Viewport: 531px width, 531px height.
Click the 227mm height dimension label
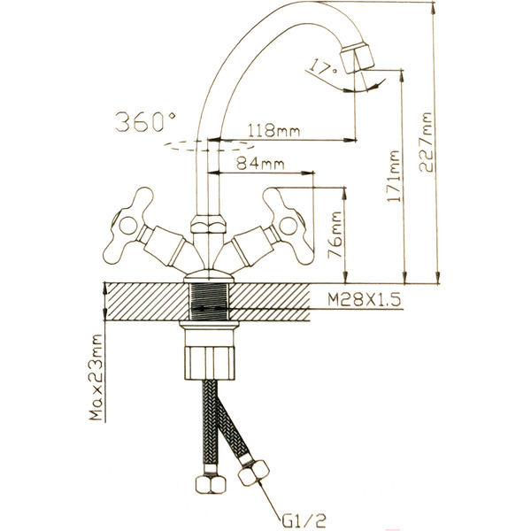(x=426, y=142)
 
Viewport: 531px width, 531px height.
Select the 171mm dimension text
(x=394, y=176)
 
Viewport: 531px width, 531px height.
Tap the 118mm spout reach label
(x=274, y=130)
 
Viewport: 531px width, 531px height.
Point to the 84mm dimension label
(x=260, y=164)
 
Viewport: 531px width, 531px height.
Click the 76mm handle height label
(x=335, y=235)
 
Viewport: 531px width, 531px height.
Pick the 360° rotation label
(x=146, y=122)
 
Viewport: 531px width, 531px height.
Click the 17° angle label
(x=324, y=68)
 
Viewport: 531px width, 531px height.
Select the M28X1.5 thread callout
(x=365, y=300)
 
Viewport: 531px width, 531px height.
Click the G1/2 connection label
(x=304, y=521)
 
